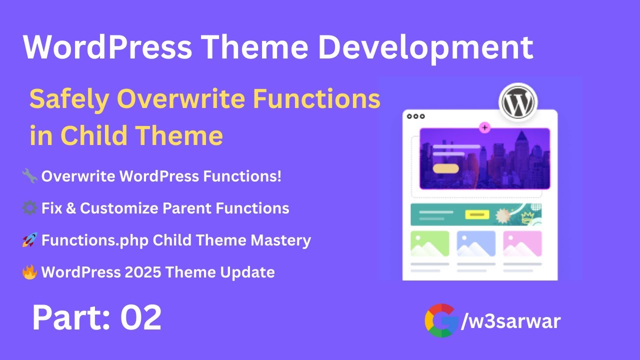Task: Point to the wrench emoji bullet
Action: (x=29, y=176)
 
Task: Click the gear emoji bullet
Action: (x=29, y=208)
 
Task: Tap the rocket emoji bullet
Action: (x=29, y=240)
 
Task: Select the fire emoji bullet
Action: (x=29, y=272)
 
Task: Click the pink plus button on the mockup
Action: (x=484, y=127)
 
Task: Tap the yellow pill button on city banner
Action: (x=445, y=168)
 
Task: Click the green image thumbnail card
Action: (x=429, y=243)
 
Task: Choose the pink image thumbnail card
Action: (x=522, y=243)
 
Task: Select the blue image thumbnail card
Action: (x=476, y=243)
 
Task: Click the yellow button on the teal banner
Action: (x=476, y=214)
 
